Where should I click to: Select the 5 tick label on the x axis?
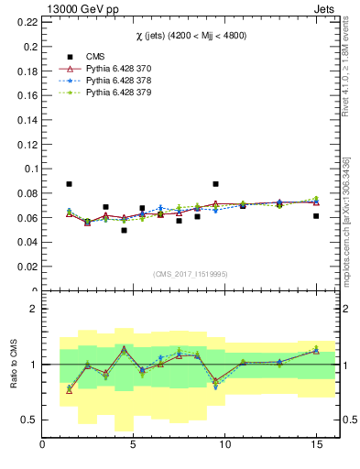tap(134, 444)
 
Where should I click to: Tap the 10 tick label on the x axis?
tap(224, 444)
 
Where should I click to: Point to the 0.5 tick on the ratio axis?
tap(31, 420)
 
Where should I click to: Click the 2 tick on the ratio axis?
tap(35, 309)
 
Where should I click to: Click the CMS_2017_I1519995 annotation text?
tap(190, 273)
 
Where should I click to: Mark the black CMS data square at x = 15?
tap(316, 216)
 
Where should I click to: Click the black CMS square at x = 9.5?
tap(215, 184)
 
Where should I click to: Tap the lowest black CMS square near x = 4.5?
tap(124, 230)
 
